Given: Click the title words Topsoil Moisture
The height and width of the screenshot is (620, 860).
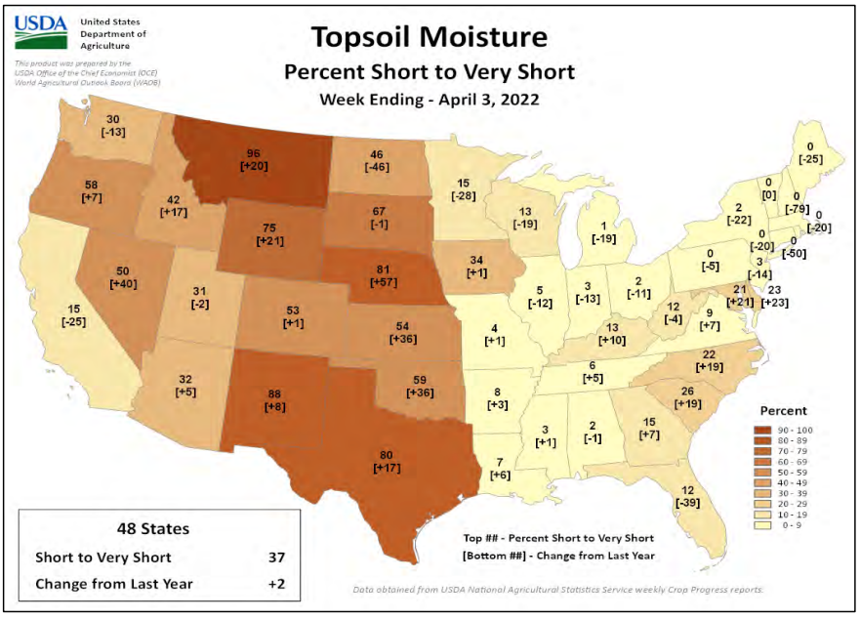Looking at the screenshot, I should [x=429, y=37].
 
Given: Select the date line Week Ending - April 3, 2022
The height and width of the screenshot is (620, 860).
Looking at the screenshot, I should [x=429, y=99].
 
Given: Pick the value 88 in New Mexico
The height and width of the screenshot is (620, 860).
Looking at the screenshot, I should [x=275, y=394].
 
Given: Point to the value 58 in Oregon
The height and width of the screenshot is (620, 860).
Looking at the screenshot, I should [x=63, y=184].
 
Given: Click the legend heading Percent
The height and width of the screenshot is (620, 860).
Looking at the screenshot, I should [x=784, y=411].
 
